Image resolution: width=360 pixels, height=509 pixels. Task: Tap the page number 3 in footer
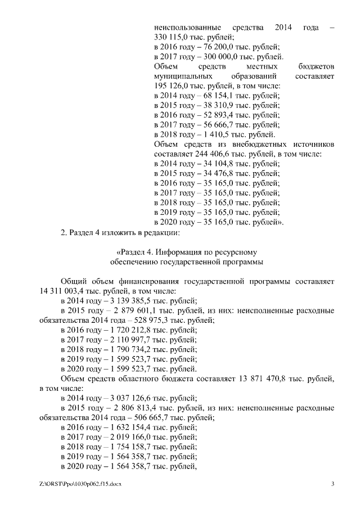click(x=332, y=484)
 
